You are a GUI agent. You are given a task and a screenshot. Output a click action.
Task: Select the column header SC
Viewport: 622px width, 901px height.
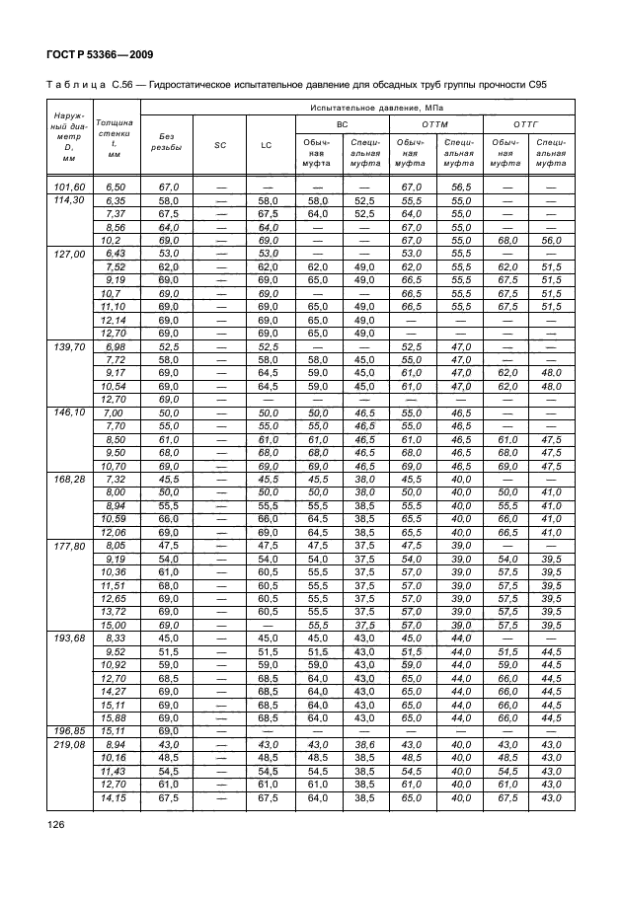(219, 145)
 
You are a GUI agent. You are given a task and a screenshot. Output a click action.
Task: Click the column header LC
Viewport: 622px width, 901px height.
(267, 145)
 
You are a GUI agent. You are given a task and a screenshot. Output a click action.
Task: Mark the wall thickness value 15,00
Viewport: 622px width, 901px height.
(116, 624)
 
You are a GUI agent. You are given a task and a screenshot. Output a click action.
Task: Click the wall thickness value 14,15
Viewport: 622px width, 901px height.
(116, 796)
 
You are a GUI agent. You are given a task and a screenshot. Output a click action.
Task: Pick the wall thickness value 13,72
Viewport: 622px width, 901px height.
(116, 611)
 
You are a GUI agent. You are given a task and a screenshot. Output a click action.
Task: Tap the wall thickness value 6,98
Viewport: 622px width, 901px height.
(116, 345)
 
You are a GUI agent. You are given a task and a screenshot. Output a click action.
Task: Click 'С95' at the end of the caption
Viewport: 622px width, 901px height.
(536, 85)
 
